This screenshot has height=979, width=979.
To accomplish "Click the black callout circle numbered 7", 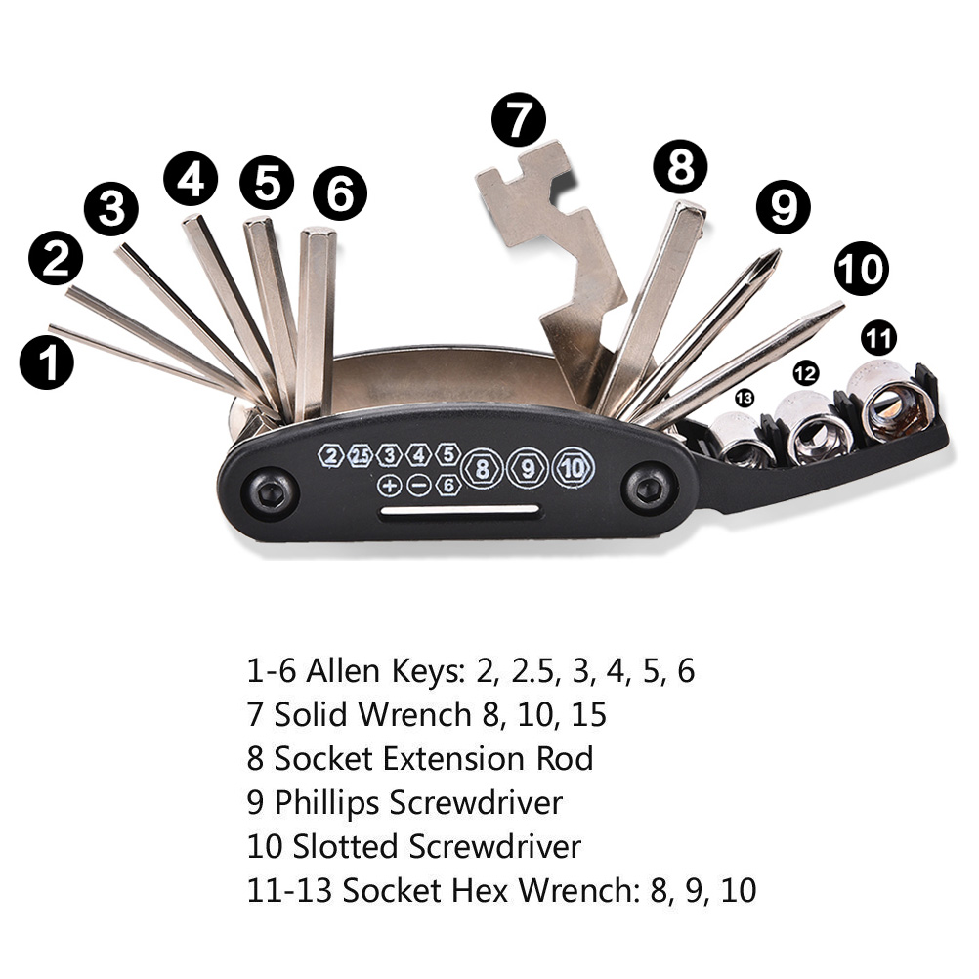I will (x=519, y=121).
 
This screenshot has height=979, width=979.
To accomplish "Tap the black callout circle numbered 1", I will (x=47, y=362).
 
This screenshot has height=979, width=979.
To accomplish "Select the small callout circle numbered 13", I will (x=745, y=398).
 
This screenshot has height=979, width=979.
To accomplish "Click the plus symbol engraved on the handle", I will (x=389, y=485).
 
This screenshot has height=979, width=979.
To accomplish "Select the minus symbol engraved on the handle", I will (x=418, y=485).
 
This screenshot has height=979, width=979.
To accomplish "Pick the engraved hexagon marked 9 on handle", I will (x=528, y=467).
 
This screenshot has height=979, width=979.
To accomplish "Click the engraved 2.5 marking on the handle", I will (x=361, y=455).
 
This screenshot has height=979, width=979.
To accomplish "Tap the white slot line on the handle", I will (x=460, y=510).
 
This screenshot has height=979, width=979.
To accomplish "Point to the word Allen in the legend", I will (x=338, y=672).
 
